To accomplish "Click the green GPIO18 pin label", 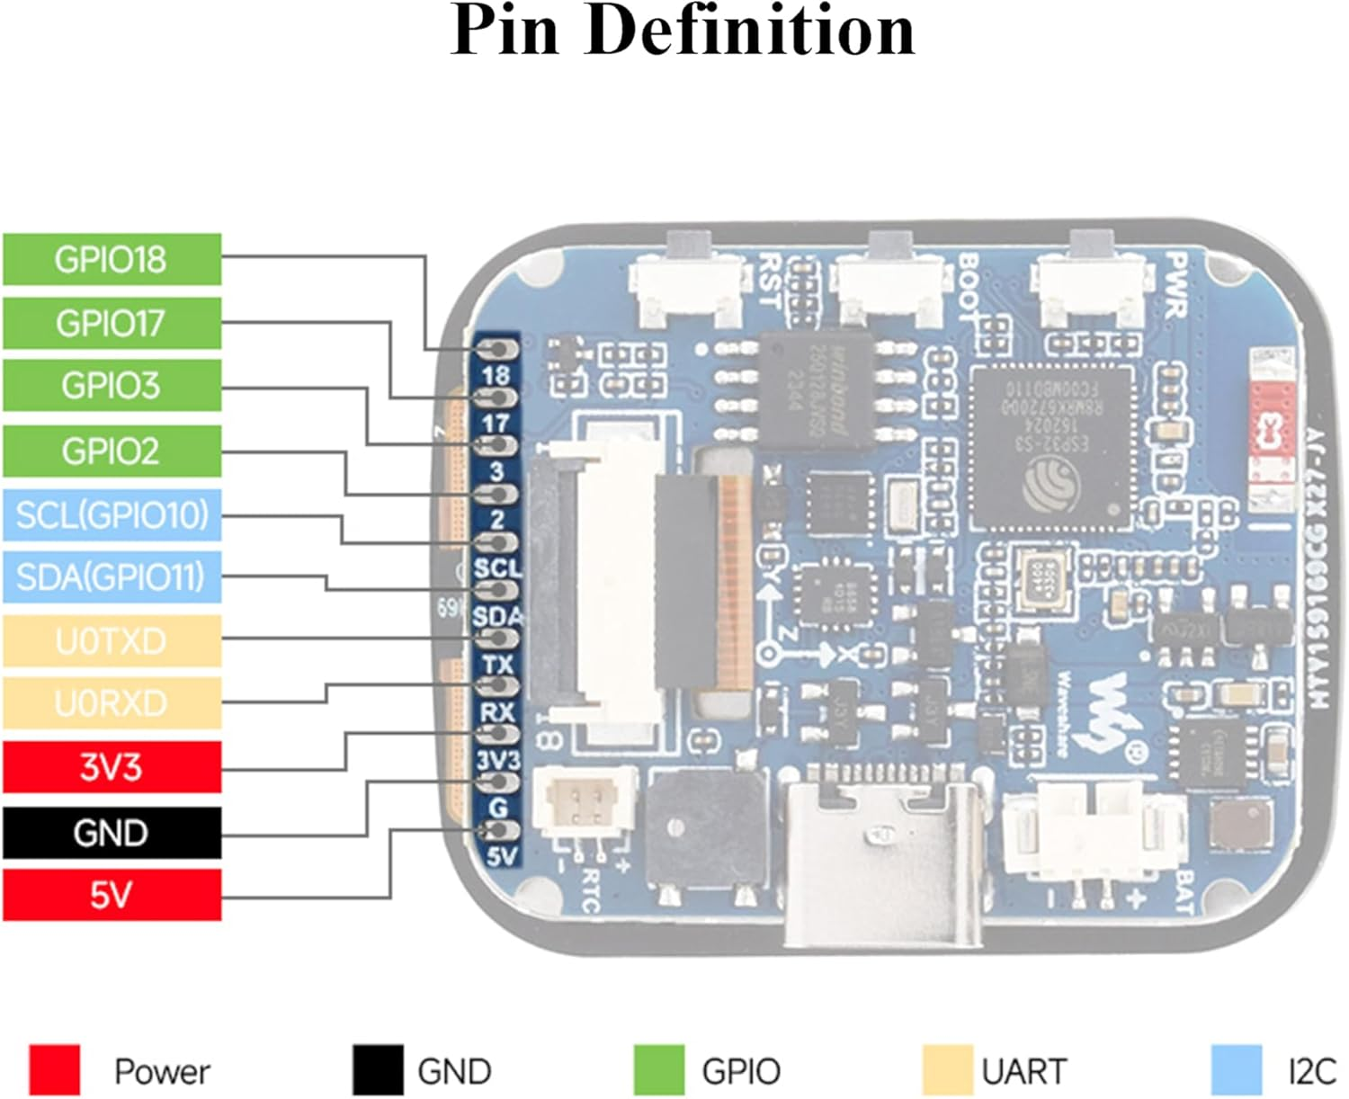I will (112, 259).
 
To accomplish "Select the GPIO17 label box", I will (112, 323).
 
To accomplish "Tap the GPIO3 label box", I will (112, 386).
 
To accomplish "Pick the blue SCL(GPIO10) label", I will (112, 514).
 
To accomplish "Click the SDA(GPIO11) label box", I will (112, 577).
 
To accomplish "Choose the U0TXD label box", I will (112, 641).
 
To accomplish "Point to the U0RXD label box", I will (112, 703).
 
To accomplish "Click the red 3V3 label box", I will (112, 767).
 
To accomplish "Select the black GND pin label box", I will (112, 832).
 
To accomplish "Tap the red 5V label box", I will (112, 895).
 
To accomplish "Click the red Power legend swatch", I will (54, 1069).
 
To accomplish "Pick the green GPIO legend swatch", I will (658, 1069).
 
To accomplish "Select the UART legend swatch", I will (948, 1069).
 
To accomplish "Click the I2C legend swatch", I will (1237, 1069).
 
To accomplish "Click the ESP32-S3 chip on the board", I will (1051, 447).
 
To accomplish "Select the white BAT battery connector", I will (1089, 826).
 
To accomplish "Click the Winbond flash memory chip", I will (817, 389).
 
